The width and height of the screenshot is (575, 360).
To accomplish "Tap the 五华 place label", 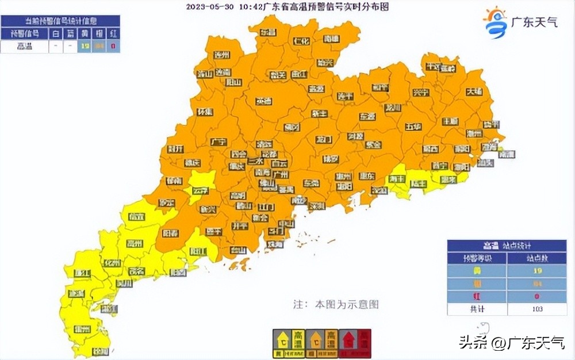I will click(413, 127).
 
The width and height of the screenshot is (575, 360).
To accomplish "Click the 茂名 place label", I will click(136, 271).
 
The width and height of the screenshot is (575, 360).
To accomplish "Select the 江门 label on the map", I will click(266, 206).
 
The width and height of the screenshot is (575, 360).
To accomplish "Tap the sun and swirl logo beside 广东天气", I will click(494, 22).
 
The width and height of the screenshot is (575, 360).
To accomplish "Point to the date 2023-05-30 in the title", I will click(209, 7).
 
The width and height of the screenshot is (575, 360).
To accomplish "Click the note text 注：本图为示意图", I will click(336, 304).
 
